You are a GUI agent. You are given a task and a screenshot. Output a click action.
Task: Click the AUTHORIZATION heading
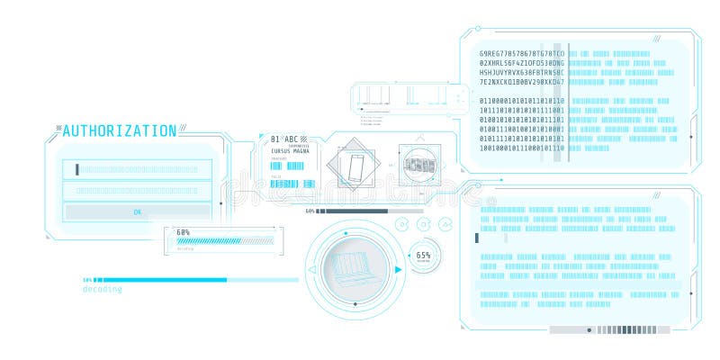tap(119, 130)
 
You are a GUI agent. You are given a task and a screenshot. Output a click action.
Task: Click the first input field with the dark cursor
tap(137, 168)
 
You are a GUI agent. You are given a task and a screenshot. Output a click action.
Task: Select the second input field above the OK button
tap(137, 191)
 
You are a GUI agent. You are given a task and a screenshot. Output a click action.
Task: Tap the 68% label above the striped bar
tap(183, 232)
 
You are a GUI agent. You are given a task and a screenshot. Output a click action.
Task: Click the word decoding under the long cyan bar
tap(103, 289)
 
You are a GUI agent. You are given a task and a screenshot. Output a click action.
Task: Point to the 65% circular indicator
tap(424, 256)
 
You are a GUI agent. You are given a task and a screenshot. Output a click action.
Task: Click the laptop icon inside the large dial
tap(354, 267)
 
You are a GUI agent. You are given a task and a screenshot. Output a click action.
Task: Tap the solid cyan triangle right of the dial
tap(398, 269)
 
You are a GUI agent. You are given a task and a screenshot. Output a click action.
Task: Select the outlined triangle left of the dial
tap(311, 269)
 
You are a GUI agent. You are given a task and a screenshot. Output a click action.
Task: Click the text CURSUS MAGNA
tap(287, 152)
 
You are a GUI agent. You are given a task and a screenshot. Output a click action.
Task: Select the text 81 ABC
tap(283, 139)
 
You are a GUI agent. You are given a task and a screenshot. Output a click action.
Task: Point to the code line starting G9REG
tap(522, 54)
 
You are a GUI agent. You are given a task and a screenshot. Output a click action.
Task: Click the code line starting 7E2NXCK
tap(522, 82)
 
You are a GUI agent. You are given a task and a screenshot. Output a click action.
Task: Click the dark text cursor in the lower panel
tap(476, 238)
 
